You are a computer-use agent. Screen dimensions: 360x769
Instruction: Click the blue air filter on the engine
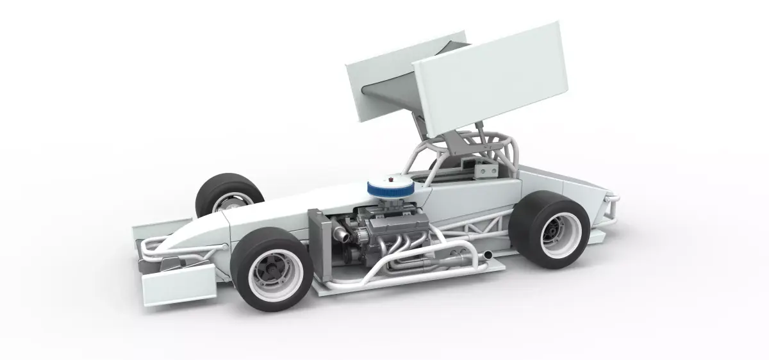(x=390, y=187)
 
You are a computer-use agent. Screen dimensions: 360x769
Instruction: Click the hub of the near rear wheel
(x=550, y=235)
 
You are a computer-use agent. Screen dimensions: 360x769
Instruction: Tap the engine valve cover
(x=401, y=222)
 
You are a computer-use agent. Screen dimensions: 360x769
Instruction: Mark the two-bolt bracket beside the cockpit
(x=485, y=170)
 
